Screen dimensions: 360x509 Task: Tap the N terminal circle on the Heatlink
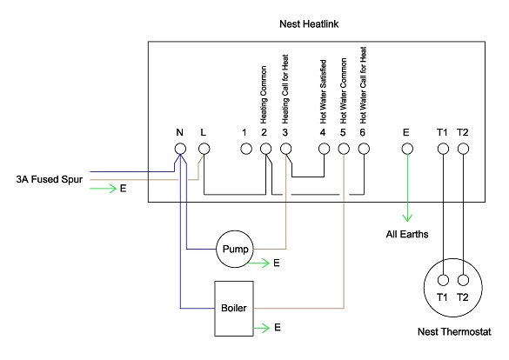[x=180, y=149]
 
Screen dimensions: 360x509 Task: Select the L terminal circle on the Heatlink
[x=204, y=149]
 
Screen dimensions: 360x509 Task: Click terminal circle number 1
[x=245, y=149]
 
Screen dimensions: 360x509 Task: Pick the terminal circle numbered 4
[x=323, y=149]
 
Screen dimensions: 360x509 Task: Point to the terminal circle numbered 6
[x=363, y=149]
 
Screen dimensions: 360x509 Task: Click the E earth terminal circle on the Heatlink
[x=405, y=149]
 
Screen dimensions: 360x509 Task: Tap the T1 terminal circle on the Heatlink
[x=442, y=149]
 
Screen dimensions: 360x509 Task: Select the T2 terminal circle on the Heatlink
[x=463, y=149]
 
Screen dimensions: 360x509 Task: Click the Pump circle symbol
[x=233, y=250]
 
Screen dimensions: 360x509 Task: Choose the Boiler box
[x=233, y=308]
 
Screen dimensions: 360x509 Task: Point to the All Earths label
[x=407, y=235]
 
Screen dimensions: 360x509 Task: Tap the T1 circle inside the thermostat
[x=442, y=281]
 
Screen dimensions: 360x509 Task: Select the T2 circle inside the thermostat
[x=463, y=281]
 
